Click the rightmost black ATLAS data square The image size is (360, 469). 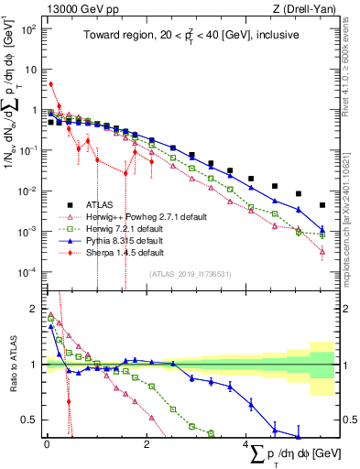tap(322, 205)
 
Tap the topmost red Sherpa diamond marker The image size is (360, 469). tap(51, 84)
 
